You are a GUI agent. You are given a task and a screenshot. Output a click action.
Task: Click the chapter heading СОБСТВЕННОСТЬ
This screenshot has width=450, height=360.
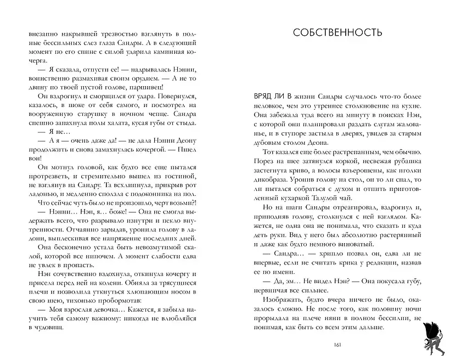337,32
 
